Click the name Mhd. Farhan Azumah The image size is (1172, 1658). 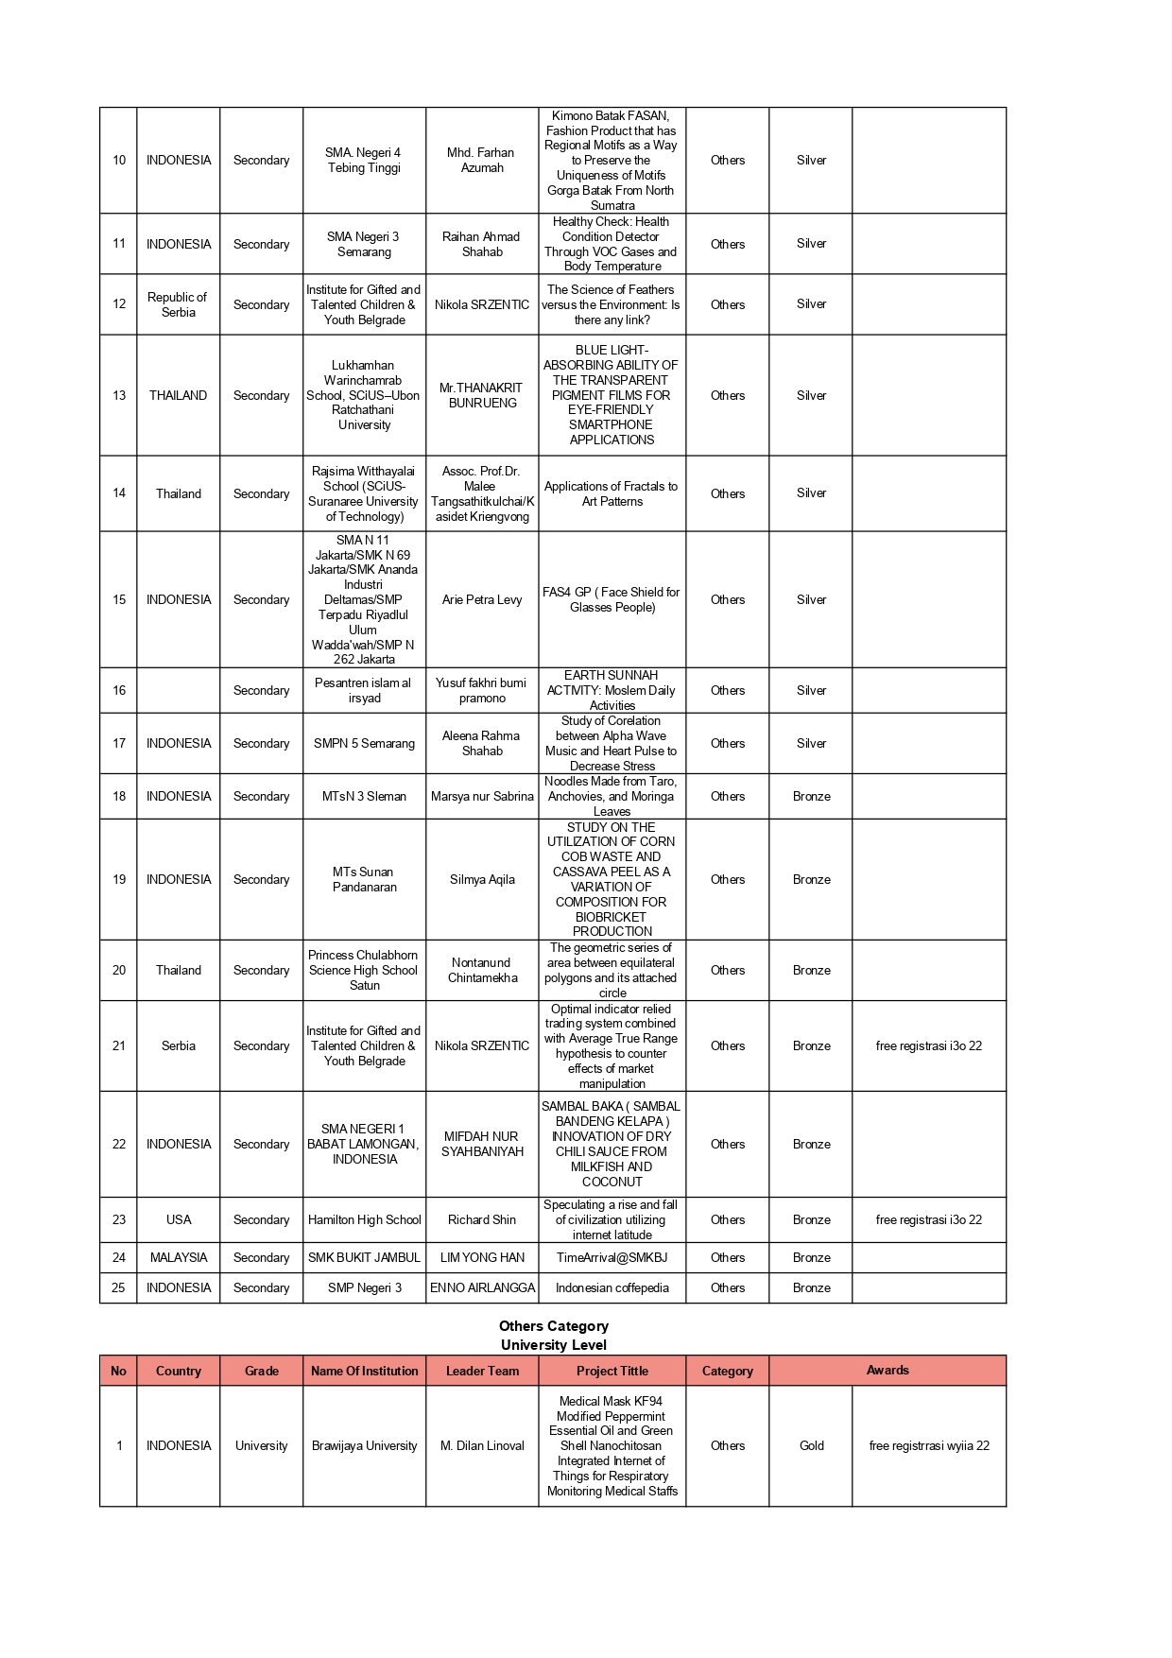pyautogui.click(x=482, y=160)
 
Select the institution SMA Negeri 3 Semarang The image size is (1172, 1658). pyautogui.click(x=364, y=244)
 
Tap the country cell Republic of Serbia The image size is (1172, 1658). pyautogui.click(x=178, y=304)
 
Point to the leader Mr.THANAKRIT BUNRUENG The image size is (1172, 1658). pyautogui.click(x=482, y=395)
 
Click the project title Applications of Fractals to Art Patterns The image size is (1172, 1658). pyautogui.click(x=612, y=493)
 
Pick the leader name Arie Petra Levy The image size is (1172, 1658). pyautogui.click(x=482, y=599)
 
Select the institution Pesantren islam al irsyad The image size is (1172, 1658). pyautogui.click(x=364, y=690)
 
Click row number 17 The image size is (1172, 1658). pyautogui.click(x=119, y=743)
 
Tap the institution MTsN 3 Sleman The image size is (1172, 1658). pyautogui.click(x=364, y=796)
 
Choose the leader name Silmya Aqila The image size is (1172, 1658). pyautogui.click(x=482, y=879)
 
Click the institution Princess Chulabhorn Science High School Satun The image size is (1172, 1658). pyautogui.click(x=364, y=970)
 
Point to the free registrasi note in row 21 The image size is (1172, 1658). pyautogui.click(x=928, y=1045)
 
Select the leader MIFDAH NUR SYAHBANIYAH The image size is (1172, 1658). pyautogui.click(x=482, y=1144)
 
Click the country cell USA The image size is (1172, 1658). pyautogui.click(x=178, y=1219)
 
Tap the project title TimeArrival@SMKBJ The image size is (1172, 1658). pyautogui.click(x=612, y=1257)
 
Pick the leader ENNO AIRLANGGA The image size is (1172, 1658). pyautogui.click(x=482, y=1287)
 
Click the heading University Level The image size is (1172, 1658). pyautogui.click(x=553, y=1344)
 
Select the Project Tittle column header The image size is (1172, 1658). pyautogui.click(x=612, y=1371)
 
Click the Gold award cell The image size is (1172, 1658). pyautogui.click(x=811, y=1445)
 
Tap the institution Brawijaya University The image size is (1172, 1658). pyautogui.click(x=364, y=1445)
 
